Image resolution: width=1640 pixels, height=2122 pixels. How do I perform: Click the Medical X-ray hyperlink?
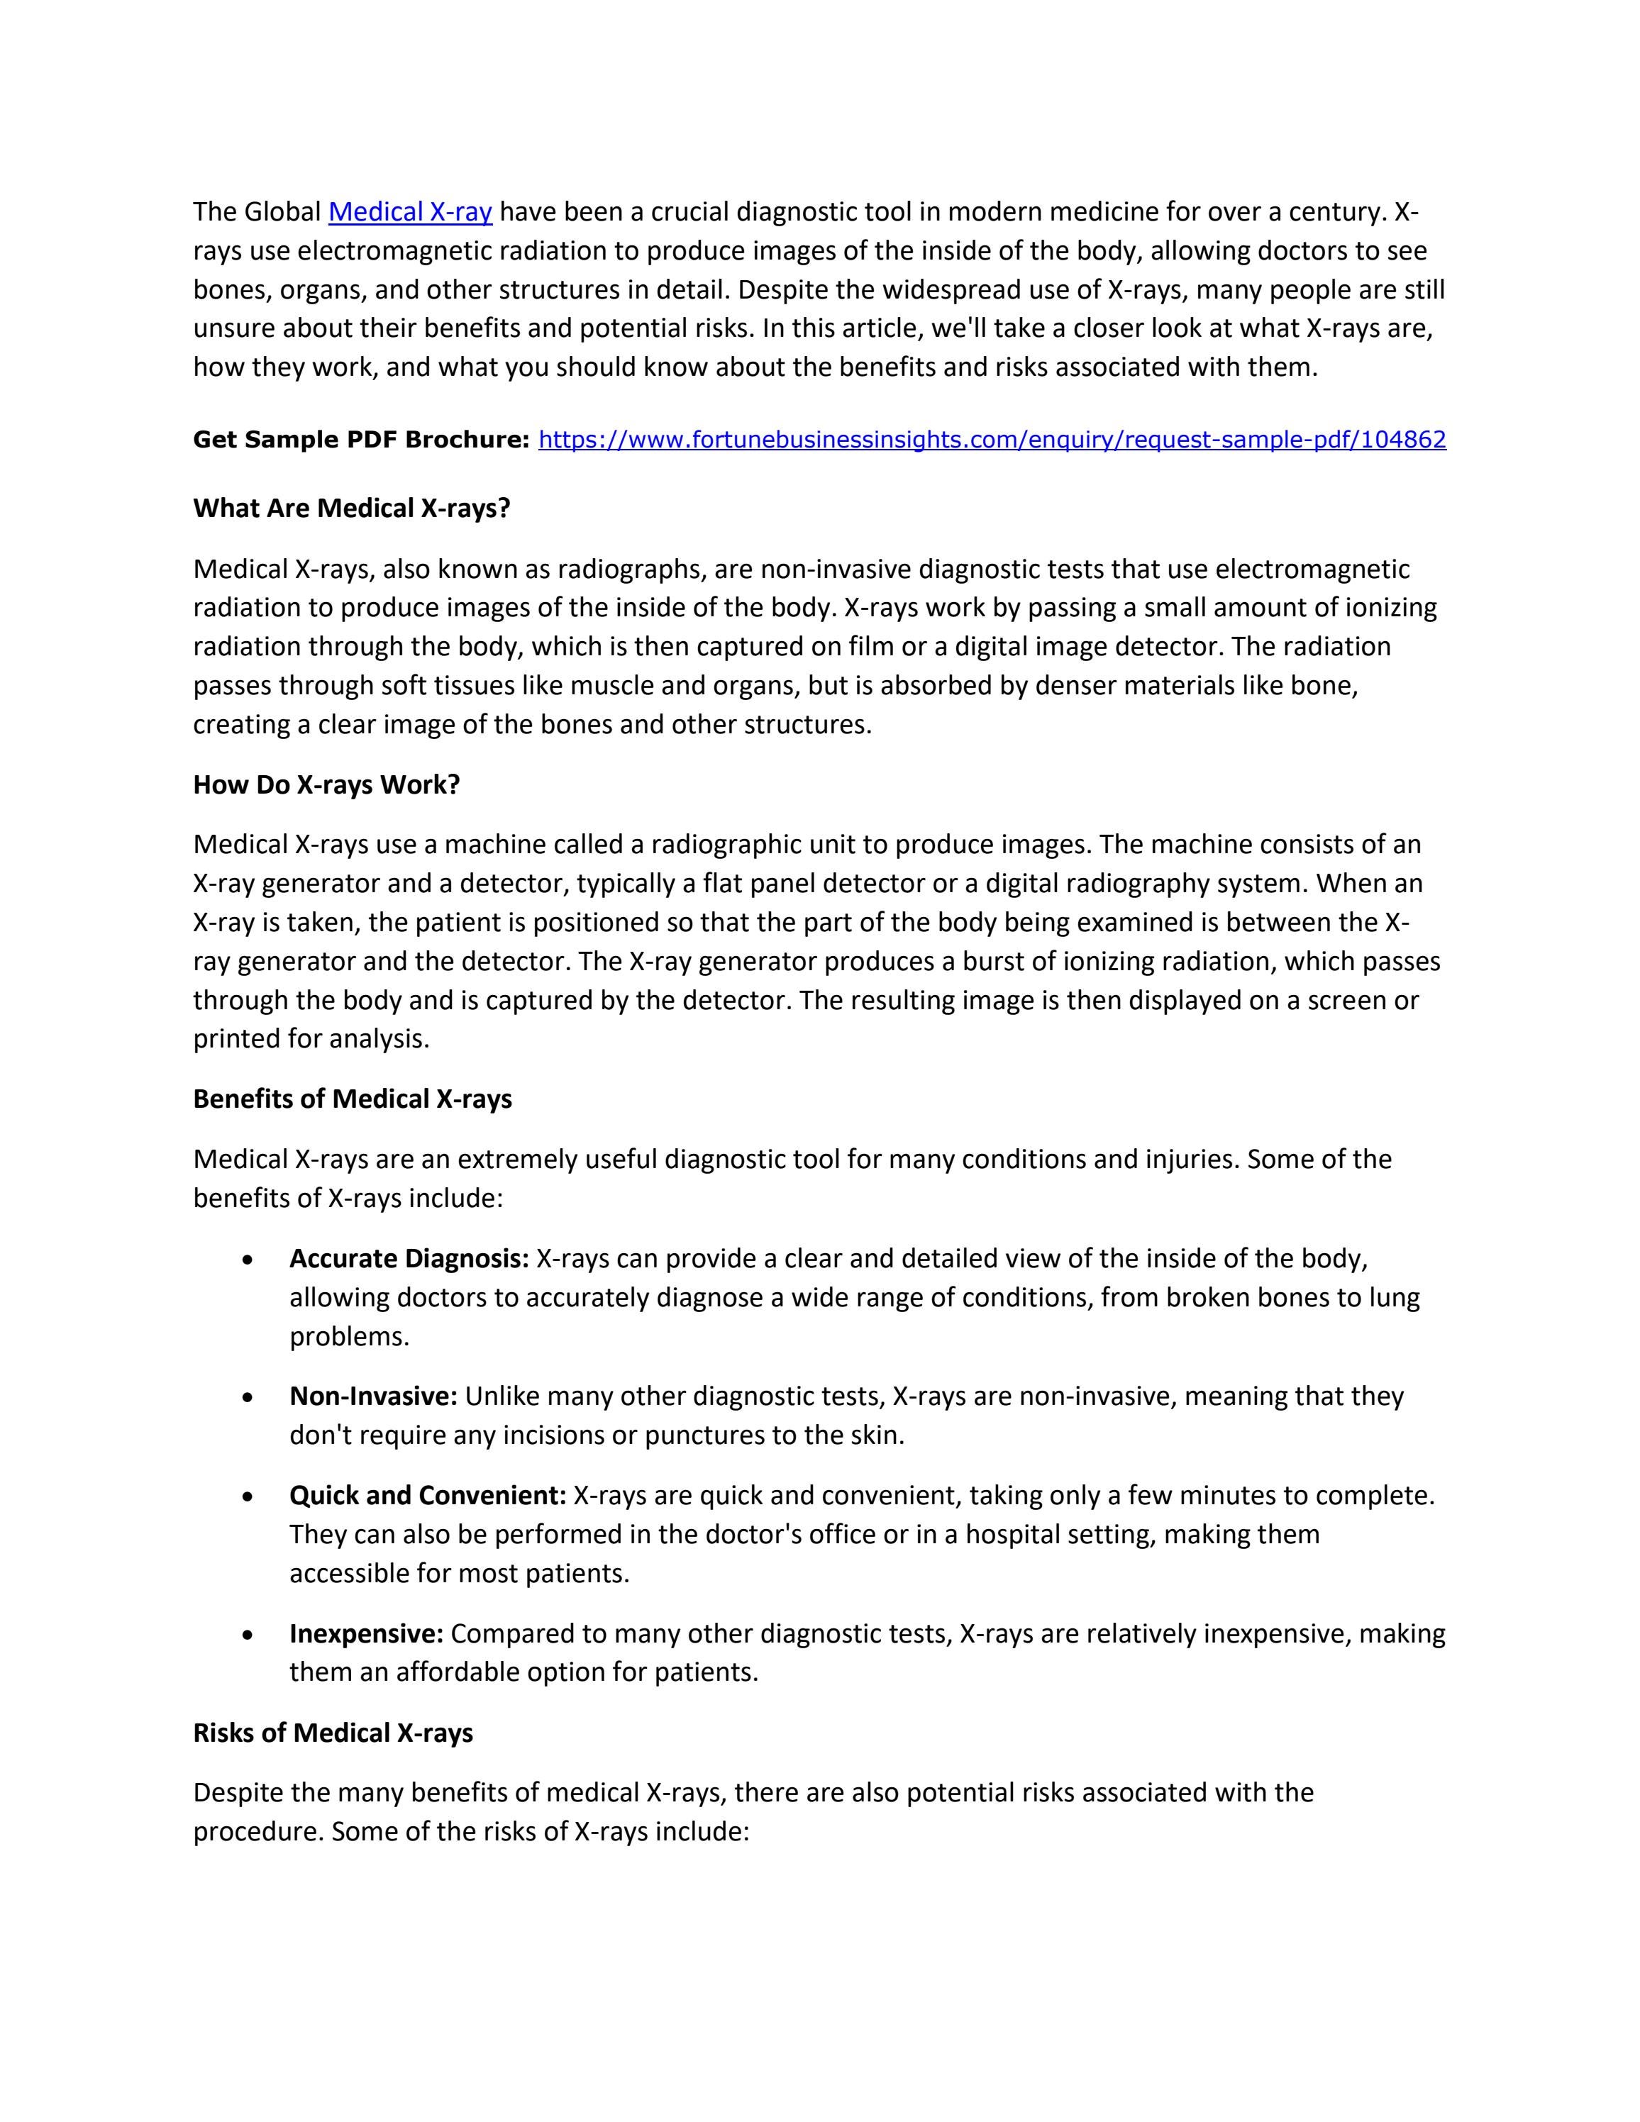click(x=410, y=212)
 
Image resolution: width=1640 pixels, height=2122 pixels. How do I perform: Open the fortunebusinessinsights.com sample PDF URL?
click(x=992, y=440)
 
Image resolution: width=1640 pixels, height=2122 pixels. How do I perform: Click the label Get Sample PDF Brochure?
click(x=360, y=440)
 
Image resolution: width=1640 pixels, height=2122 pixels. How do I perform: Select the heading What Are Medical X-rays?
click(x=352, y=508)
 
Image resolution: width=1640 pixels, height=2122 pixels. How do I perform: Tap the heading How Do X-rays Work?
click(x=326, y=784)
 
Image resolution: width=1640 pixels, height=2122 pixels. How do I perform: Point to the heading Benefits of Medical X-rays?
click(x=353, y=1099)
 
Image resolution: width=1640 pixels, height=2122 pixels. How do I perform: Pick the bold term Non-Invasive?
click(x=373, y=1396)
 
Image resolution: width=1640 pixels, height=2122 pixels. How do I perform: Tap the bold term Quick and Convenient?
click(x=428, y=1495)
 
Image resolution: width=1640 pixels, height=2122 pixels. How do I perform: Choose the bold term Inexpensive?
click(x=366, y=1633)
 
